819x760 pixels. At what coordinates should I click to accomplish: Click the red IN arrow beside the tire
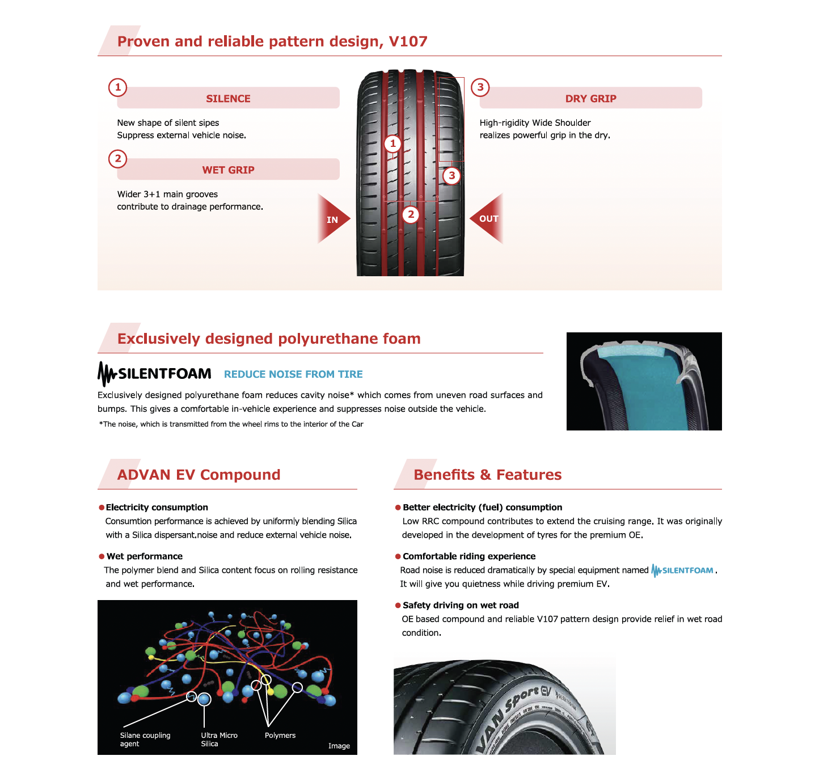click(332, 219)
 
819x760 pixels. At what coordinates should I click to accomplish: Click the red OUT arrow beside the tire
click(488, 219)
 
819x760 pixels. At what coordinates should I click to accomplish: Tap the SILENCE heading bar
click(228, 98)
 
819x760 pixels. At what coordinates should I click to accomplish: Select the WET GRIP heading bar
click(228, 170)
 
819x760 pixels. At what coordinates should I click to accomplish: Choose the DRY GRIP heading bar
click(590, 98)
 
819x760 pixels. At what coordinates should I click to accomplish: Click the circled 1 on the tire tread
click(392, 143)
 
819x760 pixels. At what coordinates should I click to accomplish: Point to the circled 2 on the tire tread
click(411, 214)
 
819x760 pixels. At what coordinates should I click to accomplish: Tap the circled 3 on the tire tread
click(451, 175)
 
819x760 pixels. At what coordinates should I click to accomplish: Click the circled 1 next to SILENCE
click(118, 87)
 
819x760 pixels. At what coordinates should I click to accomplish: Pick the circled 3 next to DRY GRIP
click(480, 87)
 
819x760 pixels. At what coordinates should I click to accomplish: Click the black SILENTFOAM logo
click(154, 374)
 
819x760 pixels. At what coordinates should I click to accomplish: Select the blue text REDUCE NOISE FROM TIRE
click(293, 374)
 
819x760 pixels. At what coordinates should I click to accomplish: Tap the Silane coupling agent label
click(145, 739)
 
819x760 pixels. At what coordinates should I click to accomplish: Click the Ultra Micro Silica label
click(219, 739)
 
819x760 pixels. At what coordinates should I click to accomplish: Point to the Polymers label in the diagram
click(280, 735)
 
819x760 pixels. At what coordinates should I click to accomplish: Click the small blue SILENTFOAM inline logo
click(683, 571)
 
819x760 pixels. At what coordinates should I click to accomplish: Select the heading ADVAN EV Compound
click(199, 475)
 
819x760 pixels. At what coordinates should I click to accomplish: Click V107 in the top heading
click(408, 41)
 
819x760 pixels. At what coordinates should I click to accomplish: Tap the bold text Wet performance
click(145, 556)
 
